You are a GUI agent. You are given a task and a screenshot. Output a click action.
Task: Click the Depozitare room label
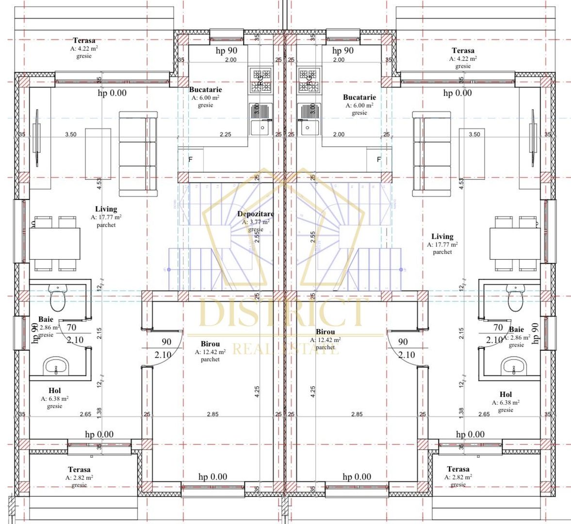(x=255, y=214)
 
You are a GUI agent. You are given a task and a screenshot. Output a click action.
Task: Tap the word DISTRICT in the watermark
(x=284, y=313)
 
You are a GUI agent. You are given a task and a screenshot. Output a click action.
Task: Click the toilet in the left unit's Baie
(x=57, y=296)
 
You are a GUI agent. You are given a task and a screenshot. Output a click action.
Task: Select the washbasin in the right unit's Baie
(x=514, y=366)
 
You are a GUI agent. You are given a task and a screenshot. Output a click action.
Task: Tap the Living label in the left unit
(x=106, y=209)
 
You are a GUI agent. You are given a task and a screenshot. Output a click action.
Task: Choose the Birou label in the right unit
(x=325, y=332)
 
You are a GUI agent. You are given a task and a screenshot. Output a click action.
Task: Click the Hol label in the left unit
(x=55, y=391)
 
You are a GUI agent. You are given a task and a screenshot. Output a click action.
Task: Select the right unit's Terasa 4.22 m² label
(x=463, y=50)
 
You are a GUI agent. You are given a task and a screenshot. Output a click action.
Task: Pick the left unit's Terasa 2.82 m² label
(x=79, y=470)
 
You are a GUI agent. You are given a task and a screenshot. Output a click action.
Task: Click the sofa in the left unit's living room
(x=138, y=154)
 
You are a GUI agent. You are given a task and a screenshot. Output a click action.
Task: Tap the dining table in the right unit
(x=513, y=244)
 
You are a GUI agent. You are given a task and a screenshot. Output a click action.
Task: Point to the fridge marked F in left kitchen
(x=190, y=159)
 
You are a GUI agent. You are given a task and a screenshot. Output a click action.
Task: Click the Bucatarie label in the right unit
(x=359, y=97)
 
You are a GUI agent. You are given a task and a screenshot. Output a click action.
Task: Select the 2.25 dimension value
(x=225, y=134)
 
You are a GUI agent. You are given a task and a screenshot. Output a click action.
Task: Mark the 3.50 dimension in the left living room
(x=71, y=134)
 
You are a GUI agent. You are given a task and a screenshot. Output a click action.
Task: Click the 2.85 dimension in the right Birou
(x=357, y=414)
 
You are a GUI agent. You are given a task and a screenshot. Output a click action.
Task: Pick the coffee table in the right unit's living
(x=472, y=154)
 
